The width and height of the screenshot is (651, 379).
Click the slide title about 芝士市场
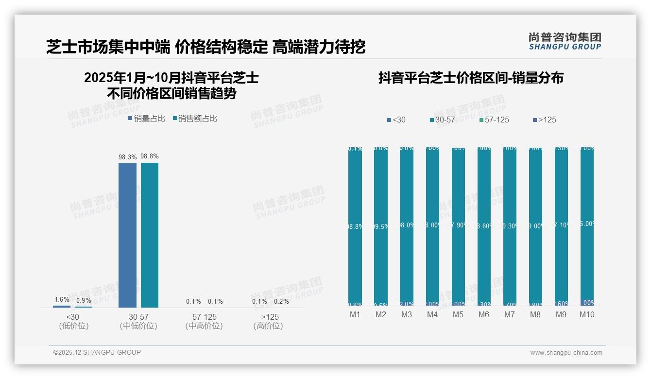pos(206,47)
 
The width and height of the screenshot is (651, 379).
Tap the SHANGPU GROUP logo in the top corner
pos(565,41)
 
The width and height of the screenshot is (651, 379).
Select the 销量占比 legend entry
pos(147,119)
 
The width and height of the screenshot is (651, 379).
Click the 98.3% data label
pos(127,157)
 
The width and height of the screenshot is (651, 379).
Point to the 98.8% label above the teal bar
pos(150,156)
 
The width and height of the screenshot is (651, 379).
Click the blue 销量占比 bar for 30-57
pos(127,235)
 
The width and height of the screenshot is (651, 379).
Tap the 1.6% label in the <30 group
pos(62,299)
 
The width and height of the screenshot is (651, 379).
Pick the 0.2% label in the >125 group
pos(281,301)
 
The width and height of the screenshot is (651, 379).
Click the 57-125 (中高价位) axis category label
pos(204,321)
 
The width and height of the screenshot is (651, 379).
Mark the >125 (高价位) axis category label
pos(268,321)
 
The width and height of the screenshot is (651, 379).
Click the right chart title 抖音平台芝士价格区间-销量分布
pos(471,78)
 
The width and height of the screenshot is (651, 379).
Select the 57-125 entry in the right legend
pos(494,120)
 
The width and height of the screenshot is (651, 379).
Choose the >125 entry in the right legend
pos(545,120)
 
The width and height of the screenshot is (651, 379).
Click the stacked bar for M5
pos(458,226)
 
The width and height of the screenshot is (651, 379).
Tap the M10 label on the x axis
pos(587,315)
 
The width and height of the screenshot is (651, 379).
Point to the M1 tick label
pos(355,315)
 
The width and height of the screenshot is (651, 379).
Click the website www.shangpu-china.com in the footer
pos(566,353)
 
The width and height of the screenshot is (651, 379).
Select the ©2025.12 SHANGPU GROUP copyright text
pos(97,352)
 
